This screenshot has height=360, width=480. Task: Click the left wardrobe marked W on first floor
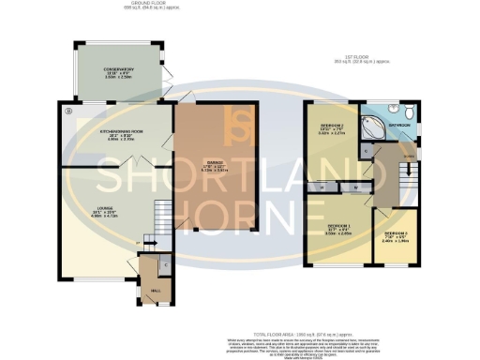[323, 187]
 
